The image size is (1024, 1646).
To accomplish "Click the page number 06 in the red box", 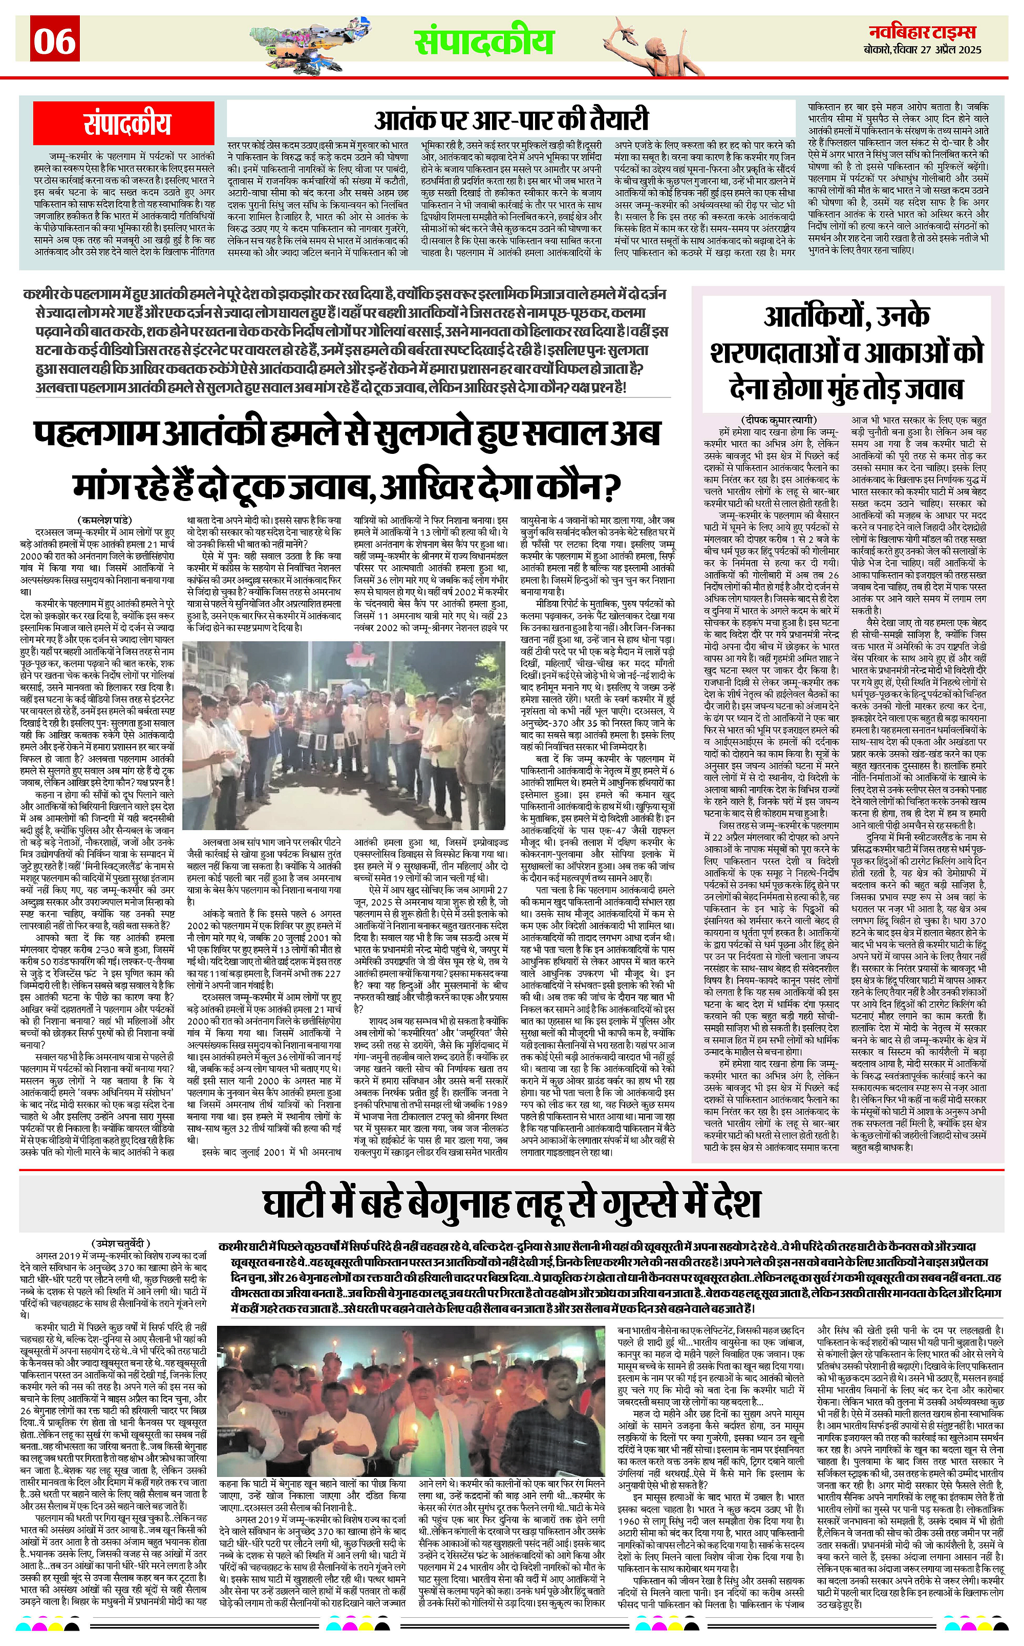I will [x=55, y=40].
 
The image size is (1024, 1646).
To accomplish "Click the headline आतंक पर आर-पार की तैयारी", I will [x=511, y=120].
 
